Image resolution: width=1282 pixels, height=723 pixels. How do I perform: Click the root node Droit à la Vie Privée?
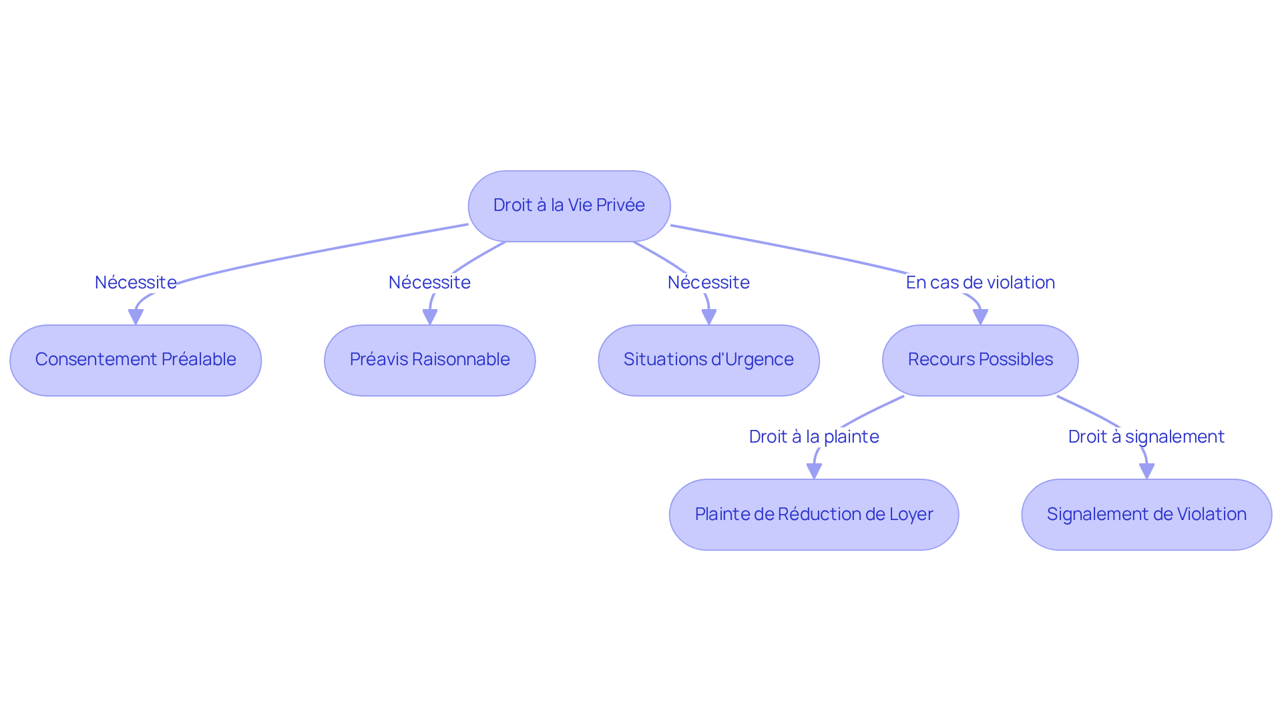pos(569,206)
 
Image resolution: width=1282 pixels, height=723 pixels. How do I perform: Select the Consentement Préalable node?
pos(136,360)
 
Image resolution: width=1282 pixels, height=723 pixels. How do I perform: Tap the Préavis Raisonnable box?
pos(429,360)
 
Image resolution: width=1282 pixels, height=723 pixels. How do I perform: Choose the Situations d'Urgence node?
pos(708,360)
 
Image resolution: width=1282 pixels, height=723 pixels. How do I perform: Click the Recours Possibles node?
pos(980,360)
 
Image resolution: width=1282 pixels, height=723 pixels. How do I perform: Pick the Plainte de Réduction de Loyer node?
pos(813,514)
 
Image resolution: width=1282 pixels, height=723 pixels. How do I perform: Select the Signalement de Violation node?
pos(1146,514)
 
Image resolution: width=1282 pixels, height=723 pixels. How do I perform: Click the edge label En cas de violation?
pos(980,282)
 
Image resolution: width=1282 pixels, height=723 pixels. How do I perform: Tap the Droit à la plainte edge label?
pos(813,437)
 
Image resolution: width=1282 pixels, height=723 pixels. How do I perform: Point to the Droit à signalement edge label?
pos(1146,437)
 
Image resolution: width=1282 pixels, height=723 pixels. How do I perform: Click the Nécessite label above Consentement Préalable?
pos(136,282)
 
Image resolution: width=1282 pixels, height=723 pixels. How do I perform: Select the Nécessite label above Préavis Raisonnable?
pos(429,282)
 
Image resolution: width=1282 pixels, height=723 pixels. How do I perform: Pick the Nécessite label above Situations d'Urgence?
pos(708,282)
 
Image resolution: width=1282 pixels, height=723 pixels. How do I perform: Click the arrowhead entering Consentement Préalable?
pos(136,317)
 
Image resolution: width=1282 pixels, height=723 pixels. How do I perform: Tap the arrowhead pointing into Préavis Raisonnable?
pos(430,317)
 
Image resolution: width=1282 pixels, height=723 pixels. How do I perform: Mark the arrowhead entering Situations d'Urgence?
pos(709,317)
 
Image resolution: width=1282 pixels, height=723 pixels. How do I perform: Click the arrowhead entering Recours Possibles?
pos(980,317)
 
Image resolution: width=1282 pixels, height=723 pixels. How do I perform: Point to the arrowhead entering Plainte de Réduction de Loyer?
pos(814,471)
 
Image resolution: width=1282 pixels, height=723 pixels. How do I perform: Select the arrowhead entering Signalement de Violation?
pos(1146,471)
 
